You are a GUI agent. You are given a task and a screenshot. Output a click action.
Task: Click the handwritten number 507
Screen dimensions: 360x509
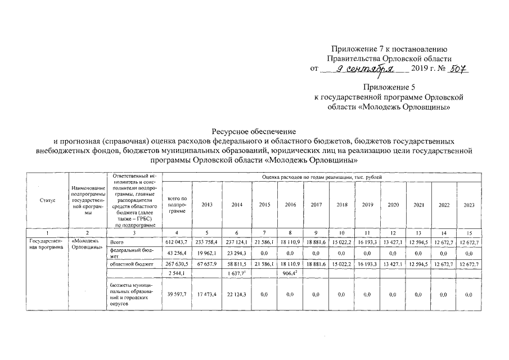coord(458,68)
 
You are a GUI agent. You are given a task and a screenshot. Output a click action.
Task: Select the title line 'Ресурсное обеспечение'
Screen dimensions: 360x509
coord(254,131)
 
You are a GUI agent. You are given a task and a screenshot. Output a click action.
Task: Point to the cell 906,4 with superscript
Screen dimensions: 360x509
coord(290,274)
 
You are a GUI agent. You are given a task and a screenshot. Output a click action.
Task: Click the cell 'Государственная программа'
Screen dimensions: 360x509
coord(47,244)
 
